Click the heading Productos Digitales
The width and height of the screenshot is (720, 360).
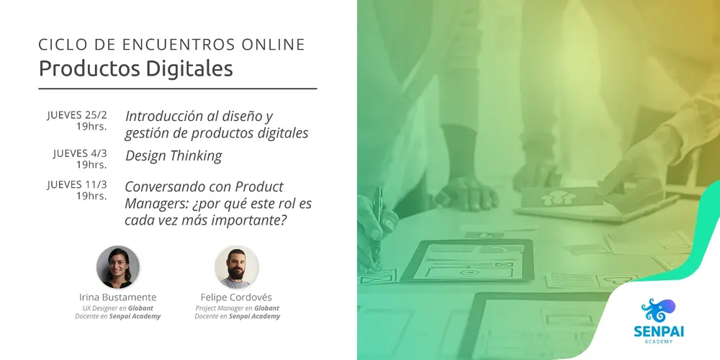(136, 68)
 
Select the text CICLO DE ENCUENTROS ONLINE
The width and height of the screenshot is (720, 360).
(172, 45)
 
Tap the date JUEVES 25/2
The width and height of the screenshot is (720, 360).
(77, 115)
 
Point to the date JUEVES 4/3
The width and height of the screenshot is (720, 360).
(81, 153)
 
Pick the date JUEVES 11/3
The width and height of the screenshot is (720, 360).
(77, 184)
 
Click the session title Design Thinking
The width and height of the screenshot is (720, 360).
(174, 156)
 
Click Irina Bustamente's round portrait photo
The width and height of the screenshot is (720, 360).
(118, 267)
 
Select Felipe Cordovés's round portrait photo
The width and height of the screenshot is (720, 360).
(236, 267)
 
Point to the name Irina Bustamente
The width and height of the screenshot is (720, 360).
(118, 297)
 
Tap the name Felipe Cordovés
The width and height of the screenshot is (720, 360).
(237, 297)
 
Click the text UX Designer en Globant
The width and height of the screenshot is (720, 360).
(118, 308)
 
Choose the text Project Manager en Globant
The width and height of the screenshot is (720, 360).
(238, 308)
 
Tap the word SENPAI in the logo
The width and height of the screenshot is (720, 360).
(659, 331)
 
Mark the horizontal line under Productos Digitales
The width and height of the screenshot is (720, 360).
(178, 89)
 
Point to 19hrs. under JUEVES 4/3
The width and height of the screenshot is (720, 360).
(91, 164)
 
